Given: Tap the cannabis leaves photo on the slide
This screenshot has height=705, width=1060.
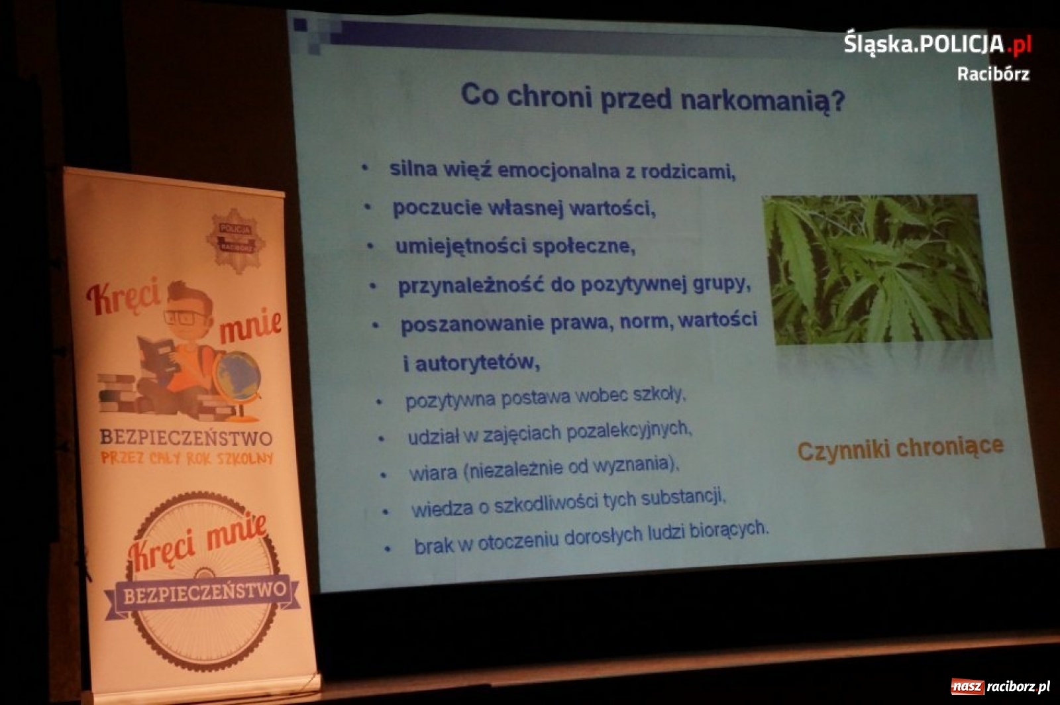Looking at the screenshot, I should click(876, 269).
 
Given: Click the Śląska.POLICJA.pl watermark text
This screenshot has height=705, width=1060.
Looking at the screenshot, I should click(937, 44).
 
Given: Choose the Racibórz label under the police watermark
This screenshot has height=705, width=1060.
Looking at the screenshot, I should click(992, 74).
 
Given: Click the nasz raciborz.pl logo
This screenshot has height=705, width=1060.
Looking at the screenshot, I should click(1000, 686).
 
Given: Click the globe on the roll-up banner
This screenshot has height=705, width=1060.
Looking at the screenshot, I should click(238, 378).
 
